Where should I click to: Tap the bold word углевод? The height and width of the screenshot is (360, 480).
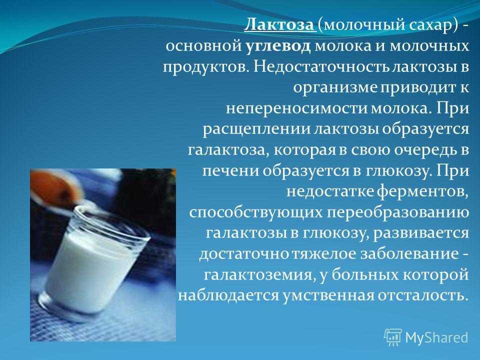(278, 46)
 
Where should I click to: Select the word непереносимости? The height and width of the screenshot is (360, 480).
(297, 109)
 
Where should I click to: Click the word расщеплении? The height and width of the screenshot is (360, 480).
(257, 129)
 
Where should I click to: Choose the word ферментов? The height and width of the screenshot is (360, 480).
(423, 192)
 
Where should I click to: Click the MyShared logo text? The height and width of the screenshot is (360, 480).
(436, 337)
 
